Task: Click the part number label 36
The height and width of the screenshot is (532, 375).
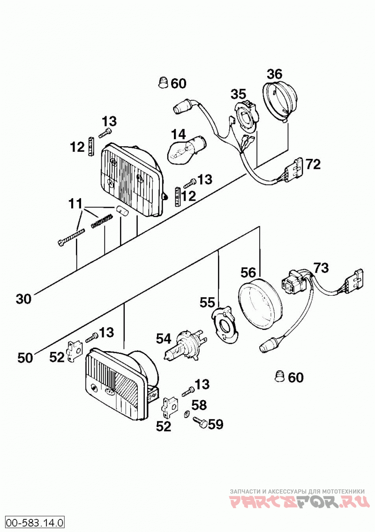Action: point(274,74)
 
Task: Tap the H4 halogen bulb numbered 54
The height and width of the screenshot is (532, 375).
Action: point(184,343)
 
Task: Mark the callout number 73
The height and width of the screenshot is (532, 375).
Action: point(321,268)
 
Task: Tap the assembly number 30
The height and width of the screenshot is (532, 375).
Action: point(23,299)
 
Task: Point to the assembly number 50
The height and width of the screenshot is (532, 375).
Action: point(25,358)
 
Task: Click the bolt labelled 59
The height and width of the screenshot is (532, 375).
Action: point(200,422)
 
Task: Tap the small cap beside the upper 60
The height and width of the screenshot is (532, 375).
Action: point(163,83)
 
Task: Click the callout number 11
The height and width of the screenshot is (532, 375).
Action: point(75,204)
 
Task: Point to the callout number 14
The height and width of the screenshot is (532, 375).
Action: point(179,135)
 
